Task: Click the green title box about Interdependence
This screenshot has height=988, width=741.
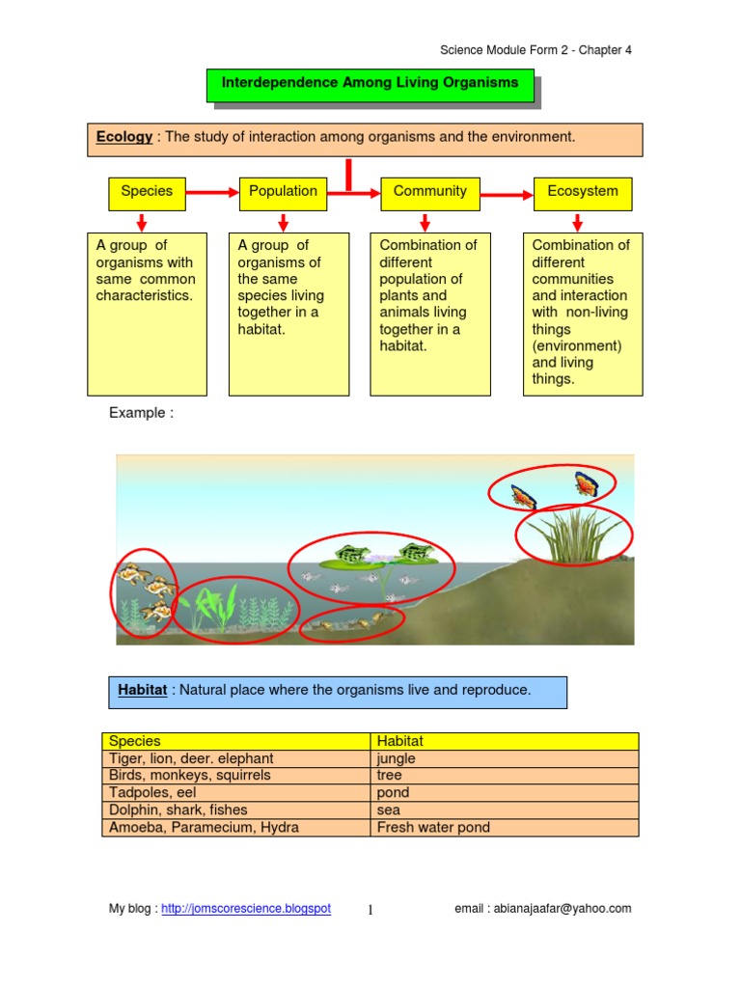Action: click(370, 84)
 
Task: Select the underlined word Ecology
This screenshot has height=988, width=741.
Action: click(124, 137)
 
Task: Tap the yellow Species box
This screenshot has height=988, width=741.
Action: click(147, 192)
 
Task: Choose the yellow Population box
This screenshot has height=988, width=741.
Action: click(283, 192)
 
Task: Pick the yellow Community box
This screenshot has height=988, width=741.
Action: click(430, 192)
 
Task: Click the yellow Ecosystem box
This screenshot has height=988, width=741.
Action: click(583, 192)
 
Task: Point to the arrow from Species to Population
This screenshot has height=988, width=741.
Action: click(211, 193)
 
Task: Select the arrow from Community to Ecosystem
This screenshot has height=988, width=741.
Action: click(507, 195)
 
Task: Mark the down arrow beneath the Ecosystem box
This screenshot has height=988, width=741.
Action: click(577, 223)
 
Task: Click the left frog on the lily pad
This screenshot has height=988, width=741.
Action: click(349, 554)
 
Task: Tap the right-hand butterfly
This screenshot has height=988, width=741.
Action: click(586, 483)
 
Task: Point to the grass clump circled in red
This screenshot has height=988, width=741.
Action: click(573, 536)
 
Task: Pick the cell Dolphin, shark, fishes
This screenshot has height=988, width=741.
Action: click(178, 810)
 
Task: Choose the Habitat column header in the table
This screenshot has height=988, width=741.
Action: click(400, 741)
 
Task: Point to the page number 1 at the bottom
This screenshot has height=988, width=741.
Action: click(370, 909)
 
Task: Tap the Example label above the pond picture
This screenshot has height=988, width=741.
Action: click(141, 413)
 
